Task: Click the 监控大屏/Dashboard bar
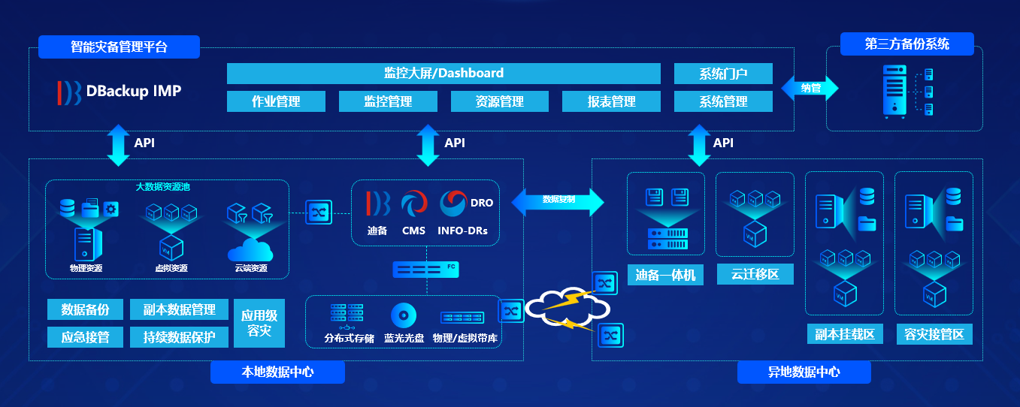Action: click(x=443, y=74)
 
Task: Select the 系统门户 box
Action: click(x=723, y=74)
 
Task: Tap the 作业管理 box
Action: click(x=276, y=101)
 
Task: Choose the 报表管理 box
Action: click(x=611, y=101)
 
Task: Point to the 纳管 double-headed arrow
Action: click(x=810, y=88)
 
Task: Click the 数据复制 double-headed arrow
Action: click(x=558, y=200)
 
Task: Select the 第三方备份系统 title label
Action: click(x=906, y=44)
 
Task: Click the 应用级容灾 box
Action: click(x=259, y=323)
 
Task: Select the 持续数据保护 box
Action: click(x=179, y=337)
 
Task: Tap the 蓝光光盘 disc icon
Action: click(x=404, y=315)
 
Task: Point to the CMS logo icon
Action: click(x=413, y=204)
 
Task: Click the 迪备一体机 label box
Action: click(x=665, y=276)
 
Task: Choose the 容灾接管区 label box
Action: click(x=934, y=334)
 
